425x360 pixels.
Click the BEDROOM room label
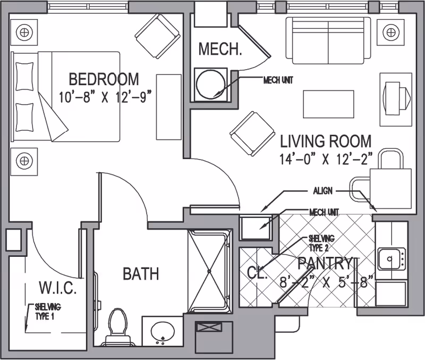click(x=104, y=79)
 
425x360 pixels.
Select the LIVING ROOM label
click(x=326, y=141)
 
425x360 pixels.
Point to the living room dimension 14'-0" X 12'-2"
click(x=326, y=158)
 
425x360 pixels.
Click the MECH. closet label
click(x=220, y=49)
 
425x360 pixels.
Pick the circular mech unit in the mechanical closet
click(x=210, y=83)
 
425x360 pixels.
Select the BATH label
click(x=141, y=274)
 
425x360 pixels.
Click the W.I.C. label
click(x=59, y=290)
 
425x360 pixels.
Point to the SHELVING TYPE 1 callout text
click(x=48, y=311)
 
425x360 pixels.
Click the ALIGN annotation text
click(x=322, y=190)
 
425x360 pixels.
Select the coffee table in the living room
click(x=328, y=103)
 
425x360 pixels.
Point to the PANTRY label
click(x=325, y=263)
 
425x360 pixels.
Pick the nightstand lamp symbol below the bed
click(x=23, y=159)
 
